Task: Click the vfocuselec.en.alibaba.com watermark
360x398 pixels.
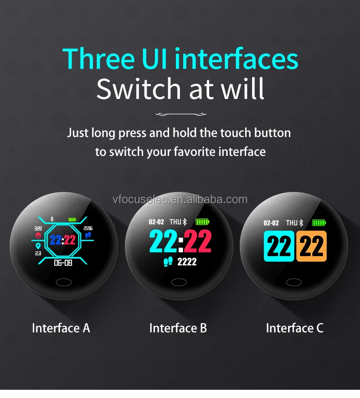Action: pos(180,199)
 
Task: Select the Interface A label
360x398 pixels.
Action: pos(61,328)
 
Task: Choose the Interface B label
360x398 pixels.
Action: pos(178,328)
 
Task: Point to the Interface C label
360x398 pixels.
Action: pos(294,328)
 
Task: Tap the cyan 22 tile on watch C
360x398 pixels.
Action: pos(279,246)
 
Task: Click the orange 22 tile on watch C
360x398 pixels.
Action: pos(311,246)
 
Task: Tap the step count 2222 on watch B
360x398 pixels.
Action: pos(186,262)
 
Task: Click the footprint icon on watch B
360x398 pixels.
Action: pos(168,261)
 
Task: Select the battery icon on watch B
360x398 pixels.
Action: pos(202,222)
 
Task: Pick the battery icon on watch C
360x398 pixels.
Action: pos(319,222)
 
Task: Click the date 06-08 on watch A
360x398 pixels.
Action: pos(63,263)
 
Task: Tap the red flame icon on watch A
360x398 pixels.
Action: pos(38,235)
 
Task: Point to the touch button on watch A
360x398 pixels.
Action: pos(63,283)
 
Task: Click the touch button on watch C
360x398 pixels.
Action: pos(294,283)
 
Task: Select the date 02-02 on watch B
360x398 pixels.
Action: pos(156,222)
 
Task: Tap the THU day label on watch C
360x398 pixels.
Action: pos(292,222)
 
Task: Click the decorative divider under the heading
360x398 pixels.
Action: pos(180,114)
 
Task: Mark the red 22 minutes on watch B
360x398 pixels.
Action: pos(197,242)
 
